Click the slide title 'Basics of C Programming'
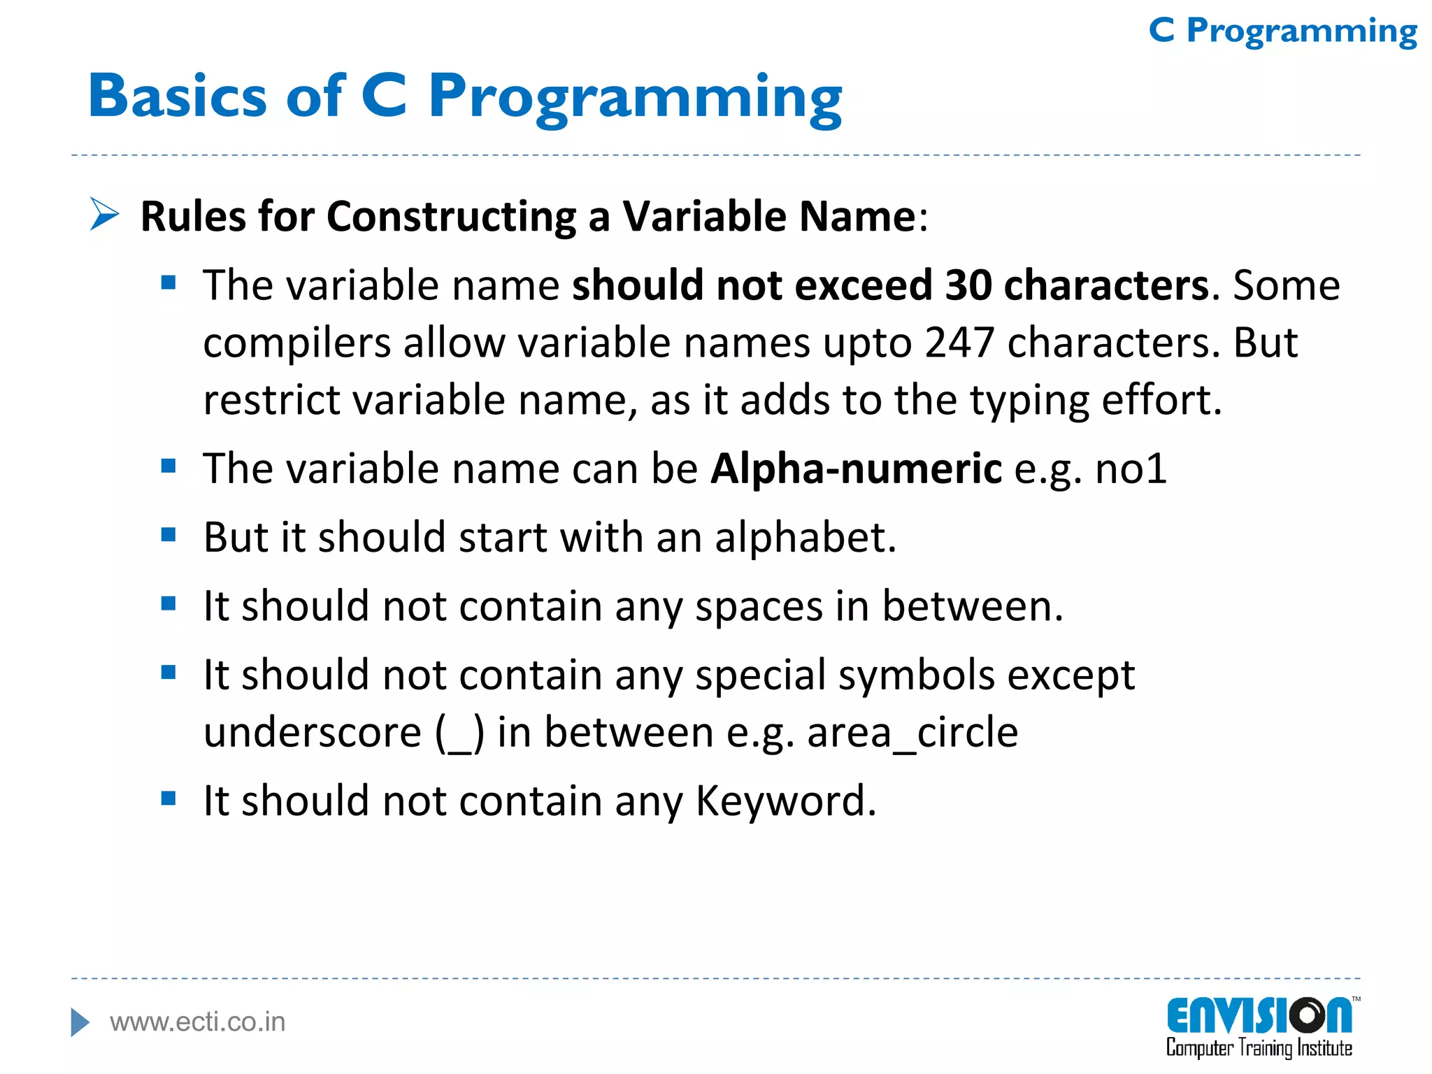[465, 96]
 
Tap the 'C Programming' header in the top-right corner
[1282, 31]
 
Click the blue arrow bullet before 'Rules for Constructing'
[105, 214]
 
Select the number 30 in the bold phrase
[968, 285]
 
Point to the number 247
[959, 343]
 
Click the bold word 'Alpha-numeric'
[856, 468]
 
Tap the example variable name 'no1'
[1131, 468]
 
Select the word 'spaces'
[759, 606]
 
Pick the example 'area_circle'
[912, 733]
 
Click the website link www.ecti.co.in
[198, 1022]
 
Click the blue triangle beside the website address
[80, 1022]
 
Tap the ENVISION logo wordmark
[1259, 1016]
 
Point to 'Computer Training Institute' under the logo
[1259, 1048]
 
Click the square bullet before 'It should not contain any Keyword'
[169, 799]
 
